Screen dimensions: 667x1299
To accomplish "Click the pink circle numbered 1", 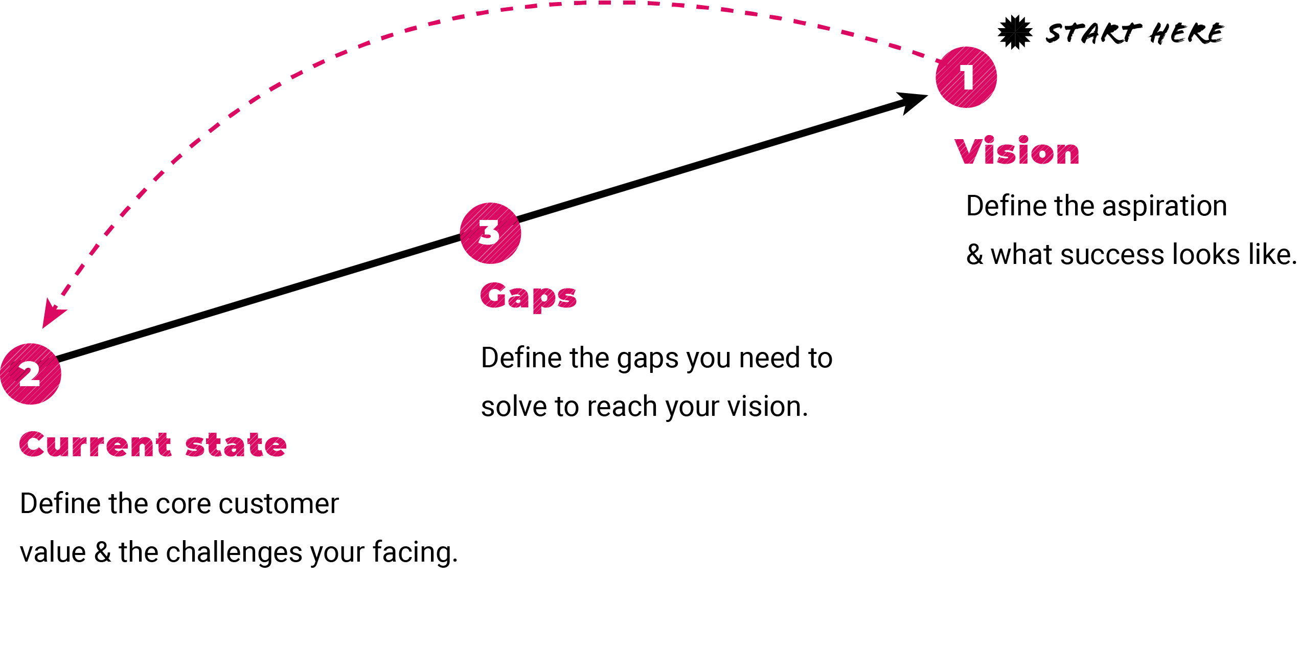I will [x=966, y=77].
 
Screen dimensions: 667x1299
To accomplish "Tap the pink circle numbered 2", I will [x=31, y=374].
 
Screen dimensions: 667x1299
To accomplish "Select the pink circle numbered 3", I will [x=490, y=233].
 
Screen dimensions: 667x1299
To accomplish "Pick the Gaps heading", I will [x=529, y=297].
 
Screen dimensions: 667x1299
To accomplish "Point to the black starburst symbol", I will [x=1015, y=32].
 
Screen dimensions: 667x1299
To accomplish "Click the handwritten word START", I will [x=1091, y=33].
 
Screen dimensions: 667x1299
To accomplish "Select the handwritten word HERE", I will [x=1186, y=33].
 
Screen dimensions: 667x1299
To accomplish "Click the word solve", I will [x=513, y=407].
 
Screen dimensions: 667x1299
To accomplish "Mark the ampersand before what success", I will [x=974, y=255].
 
